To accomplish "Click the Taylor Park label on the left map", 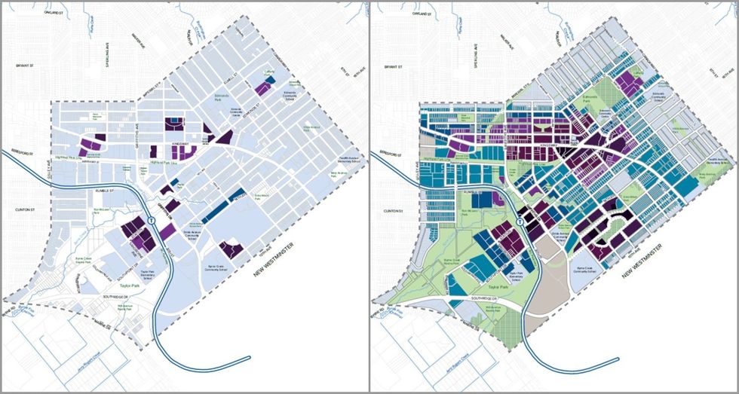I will tap(128, 286).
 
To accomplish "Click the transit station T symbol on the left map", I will tap(152, 221).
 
